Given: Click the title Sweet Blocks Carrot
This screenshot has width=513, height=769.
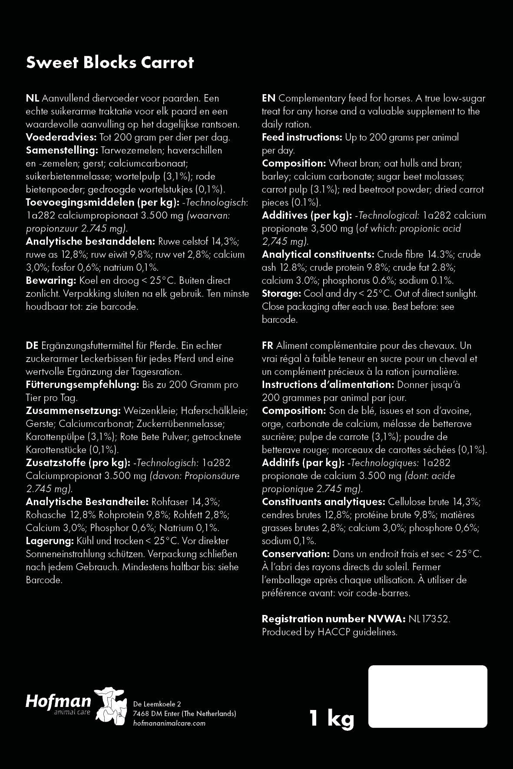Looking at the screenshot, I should (110, 62).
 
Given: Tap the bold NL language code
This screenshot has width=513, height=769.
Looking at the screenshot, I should (33, 99).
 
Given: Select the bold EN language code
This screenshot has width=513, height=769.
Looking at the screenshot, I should (268, 99).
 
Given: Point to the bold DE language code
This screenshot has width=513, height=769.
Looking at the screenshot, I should (32, 346).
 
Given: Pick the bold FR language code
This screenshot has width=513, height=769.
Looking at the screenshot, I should (268, 346).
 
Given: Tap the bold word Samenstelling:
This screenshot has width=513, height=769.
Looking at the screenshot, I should (62, 151).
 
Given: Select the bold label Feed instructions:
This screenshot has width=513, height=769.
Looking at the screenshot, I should (302, 138).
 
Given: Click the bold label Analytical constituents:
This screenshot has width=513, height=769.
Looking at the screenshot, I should (318, 255).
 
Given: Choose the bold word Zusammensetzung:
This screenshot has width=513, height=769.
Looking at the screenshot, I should (73, 411).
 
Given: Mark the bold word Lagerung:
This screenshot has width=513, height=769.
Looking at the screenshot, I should (50, 541).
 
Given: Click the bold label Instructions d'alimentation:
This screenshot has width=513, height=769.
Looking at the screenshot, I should (328, 385).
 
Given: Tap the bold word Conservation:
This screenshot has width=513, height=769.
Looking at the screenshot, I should (296, 554).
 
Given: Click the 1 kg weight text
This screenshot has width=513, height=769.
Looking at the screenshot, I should (331, 718).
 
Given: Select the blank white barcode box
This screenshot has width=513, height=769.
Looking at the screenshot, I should (427, 696).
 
